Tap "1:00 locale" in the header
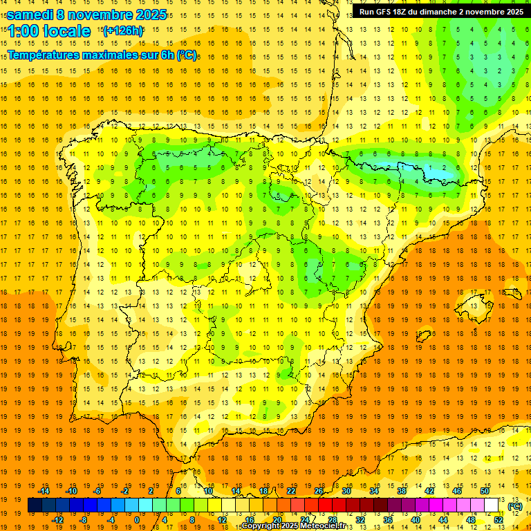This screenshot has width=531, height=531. pyautogui.click(x=49, y=31)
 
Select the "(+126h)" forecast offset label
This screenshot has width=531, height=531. pyautogui.click(x=122, y=30)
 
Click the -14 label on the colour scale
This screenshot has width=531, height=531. pyautogui.click(x=44, y=491)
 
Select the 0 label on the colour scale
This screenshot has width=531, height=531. pyautogui.click(x=137, y=520)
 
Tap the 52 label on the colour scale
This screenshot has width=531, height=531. pyautogui.click(x=499, y=520)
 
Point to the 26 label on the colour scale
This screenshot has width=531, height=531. pyautogui.click(x=319, y=491)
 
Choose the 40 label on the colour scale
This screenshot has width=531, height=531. pyautogui.click(x=415, y=520)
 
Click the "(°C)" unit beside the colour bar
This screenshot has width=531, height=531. pyautogui.click(x=515, y=506)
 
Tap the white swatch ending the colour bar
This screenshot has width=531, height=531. pyautogui.click(x=491, y=505)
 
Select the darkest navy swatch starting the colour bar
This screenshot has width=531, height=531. pyautogui.click(x=35, y=505)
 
